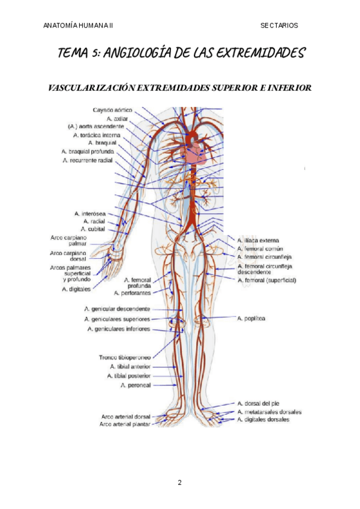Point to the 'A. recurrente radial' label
(87, 160)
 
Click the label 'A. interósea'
(89, 214)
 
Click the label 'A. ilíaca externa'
(259, 240)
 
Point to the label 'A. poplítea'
(251, 318)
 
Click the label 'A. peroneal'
(136, 385)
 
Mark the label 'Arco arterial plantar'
(125, 424)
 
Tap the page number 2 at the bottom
(179, 482)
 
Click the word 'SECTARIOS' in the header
(279, 25)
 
